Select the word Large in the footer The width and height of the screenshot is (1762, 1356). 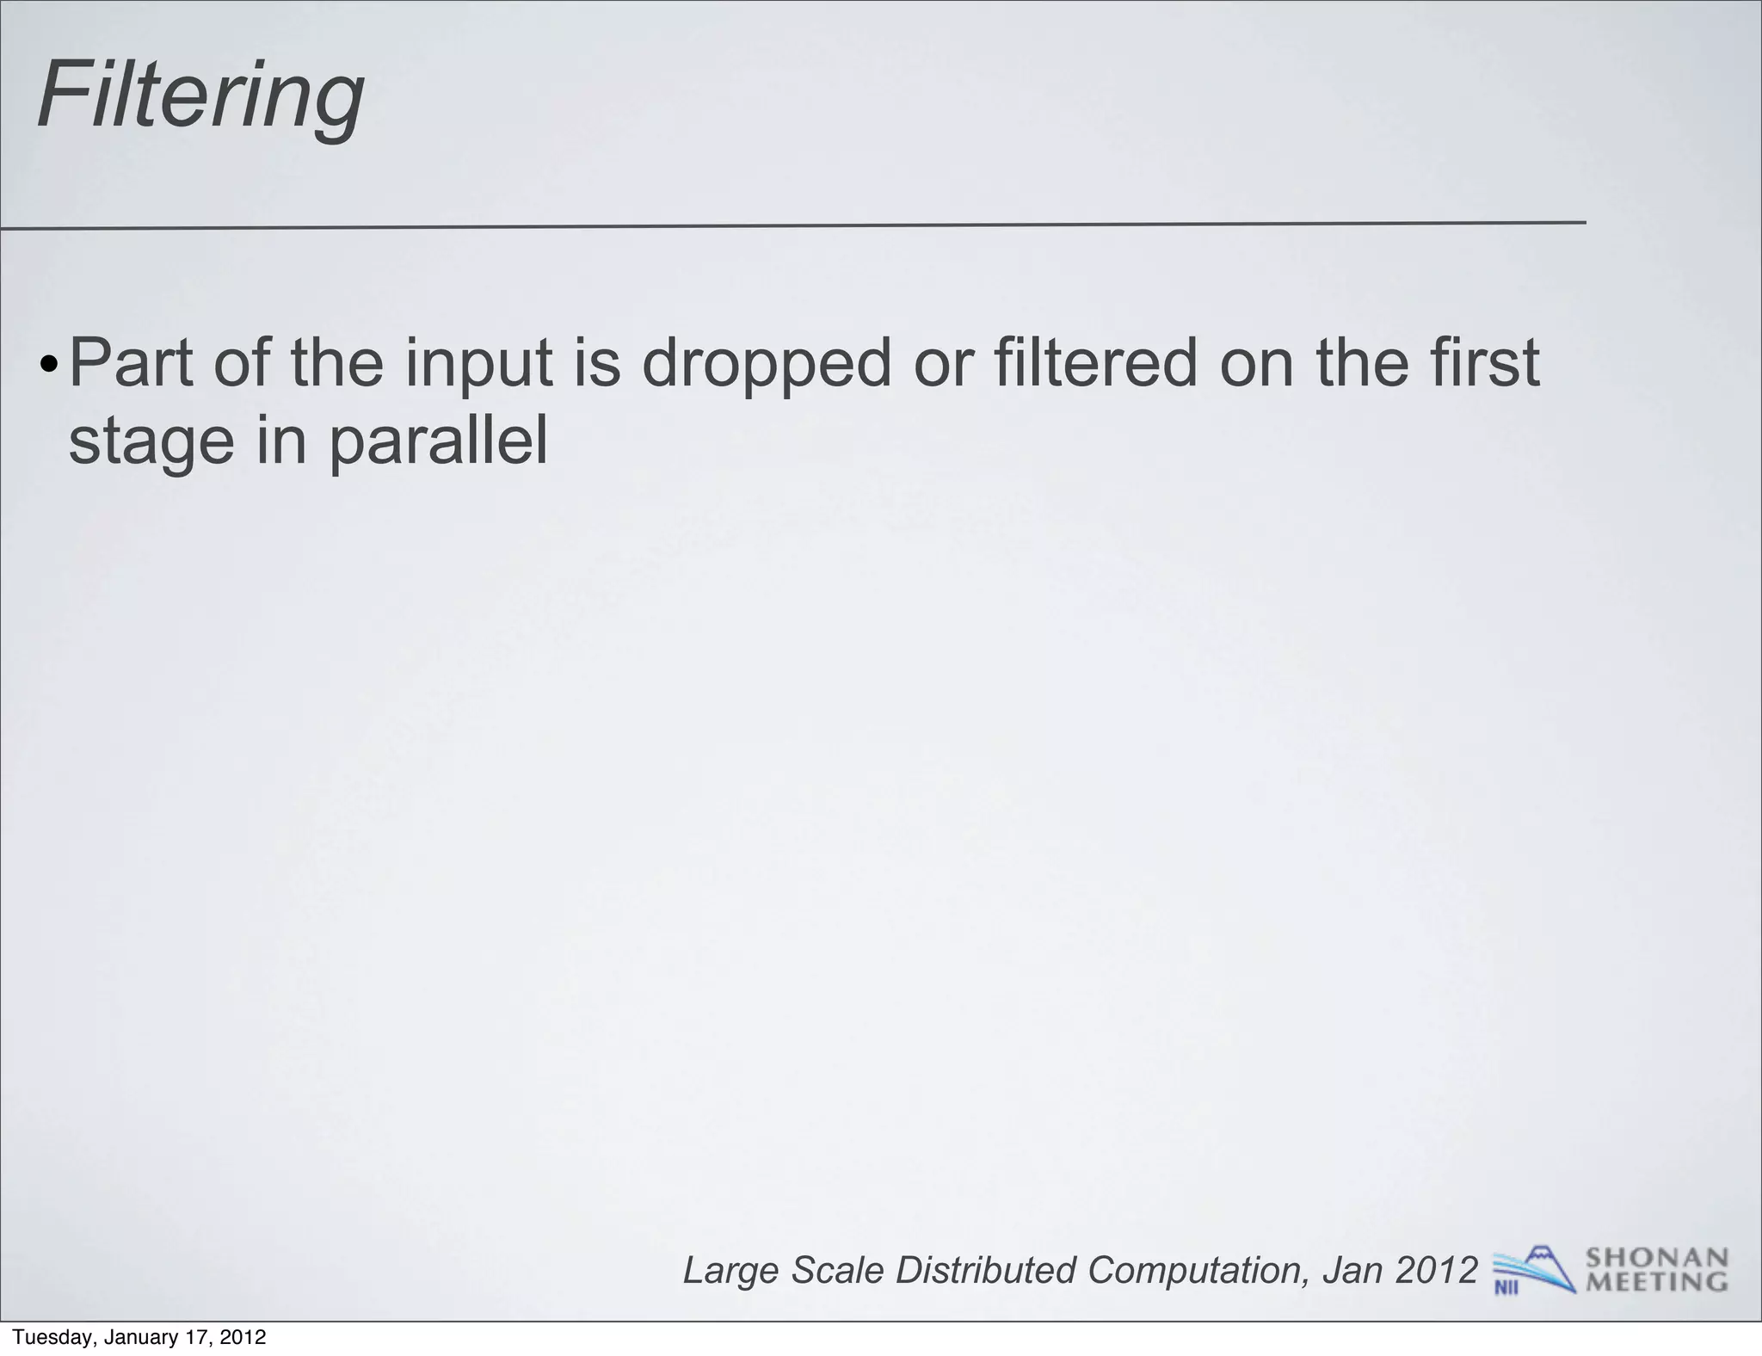pos(731,1271)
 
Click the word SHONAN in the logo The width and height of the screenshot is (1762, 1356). pos(1656,1259)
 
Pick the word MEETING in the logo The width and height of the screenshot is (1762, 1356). pos(1656,1282)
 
